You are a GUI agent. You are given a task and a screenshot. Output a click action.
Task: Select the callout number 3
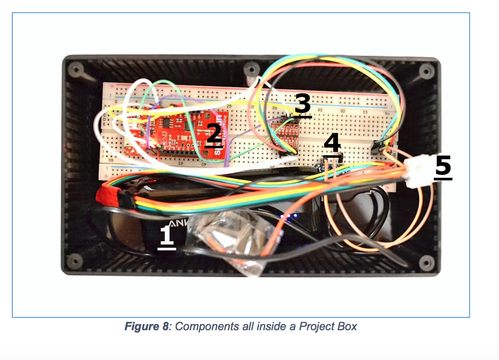(x=302, y=104)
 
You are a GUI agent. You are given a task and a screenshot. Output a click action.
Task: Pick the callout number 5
(x=443, y=168)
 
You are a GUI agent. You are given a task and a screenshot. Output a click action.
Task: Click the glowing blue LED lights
(x=288, y=217)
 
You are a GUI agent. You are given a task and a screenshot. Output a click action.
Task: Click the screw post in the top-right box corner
(x=428, y=71)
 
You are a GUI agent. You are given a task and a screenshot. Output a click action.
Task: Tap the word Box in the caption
(x=347, y=326)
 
